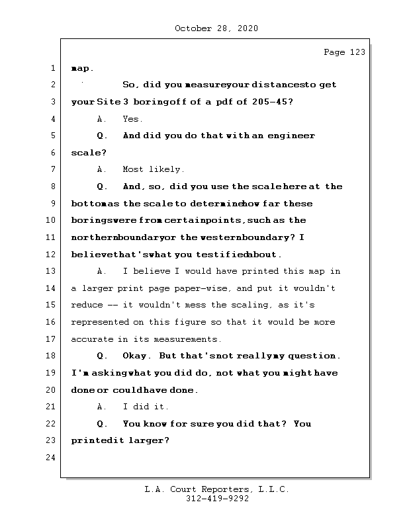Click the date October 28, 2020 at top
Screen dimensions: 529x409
coord(216,28)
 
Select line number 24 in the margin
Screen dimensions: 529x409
coord(52,458)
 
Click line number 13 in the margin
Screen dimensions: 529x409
coord(52,272)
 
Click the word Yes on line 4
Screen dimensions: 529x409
coord(132,119)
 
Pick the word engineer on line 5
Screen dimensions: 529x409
coord(291,136)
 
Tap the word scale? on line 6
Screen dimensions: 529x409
coord(88,153)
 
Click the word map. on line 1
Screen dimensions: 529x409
coord(82,68)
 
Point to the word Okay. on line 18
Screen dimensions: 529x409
coord(138,356)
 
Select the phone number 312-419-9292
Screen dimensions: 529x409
coord(217,499)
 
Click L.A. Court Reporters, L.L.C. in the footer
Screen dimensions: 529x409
coord(217,490)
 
